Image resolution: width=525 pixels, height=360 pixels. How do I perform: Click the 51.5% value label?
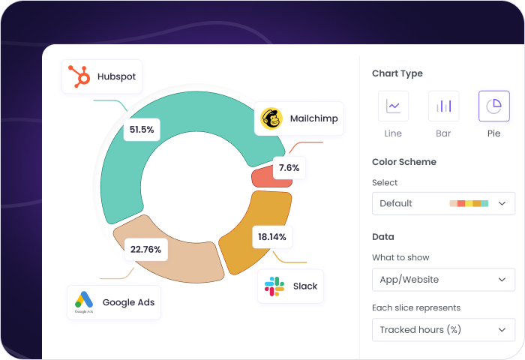(x=141, y=130)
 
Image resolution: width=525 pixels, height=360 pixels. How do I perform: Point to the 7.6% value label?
(x=289, y=168)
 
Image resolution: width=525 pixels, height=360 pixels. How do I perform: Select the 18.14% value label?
(x=271, y=237)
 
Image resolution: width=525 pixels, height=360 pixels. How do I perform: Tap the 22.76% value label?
(x=145, y=249)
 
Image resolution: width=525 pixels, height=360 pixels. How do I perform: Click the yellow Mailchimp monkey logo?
(x=271, y=118)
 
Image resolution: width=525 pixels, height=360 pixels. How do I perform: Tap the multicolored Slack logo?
(x=274, y=286)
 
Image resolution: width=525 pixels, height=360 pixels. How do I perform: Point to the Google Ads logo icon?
(x=83, y=302)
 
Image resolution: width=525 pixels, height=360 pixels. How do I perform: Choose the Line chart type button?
(x=393, y=106)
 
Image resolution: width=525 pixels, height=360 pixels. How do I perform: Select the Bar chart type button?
(x=443, y=106)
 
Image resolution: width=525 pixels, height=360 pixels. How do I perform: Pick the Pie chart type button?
(x=493, y=106)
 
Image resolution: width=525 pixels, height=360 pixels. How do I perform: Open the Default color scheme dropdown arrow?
(x=502, y=203)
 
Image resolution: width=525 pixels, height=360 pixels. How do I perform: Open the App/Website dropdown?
(x=443, y=280)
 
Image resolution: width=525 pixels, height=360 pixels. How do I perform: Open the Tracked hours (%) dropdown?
(x=443, y=329)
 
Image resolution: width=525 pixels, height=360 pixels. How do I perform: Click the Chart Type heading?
(x=397, y=73)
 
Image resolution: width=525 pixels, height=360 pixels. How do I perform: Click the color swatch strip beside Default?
(x=469, y=203)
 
